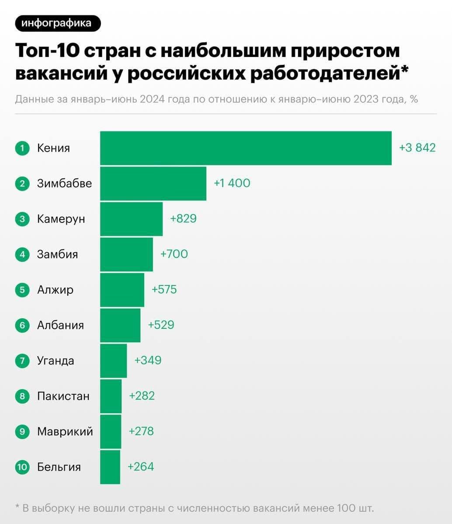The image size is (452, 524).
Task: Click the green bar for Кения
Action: [246, 148]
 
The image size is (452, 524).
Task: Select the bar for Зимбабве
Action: [153, 183]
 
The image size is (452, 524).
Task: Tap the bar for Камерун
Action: [131, 219]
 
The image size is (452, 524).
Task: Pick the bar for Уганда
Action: [113, 361]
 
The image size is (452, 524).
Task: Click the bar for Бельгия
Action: [110, 467]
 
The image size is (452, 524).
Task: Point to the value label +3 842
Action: [417, 148]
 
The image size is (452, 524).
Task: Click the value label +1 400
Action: [232, 183]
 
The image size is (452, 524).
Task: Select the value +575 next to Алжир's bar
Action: [164, 289]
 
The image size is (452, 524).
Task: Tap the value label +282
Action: [142, 396]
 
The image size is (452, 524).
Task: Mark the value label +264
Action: [141, 467]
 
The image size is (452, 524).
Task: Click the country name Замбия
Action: [57, 254]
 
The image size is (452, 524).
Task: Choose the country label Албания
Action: [60, 325]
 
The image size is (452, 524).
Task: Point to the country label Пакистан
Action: [63, 396]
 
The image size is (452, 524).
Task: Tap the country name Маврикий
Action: [65, 432]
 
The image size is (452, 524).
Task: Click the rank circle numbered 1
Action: [21, 148]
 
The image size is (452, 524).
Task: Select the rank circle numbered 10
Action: [21, 467]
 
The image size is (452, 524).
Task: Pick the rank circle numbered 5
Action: [21, 290]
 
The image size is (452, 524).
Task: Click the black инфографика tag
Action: [58, 23]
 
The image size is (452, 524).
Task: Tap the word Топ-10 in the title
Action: [47, 51]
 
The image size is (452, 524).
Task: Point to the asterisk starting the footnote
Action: [17, 508]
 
